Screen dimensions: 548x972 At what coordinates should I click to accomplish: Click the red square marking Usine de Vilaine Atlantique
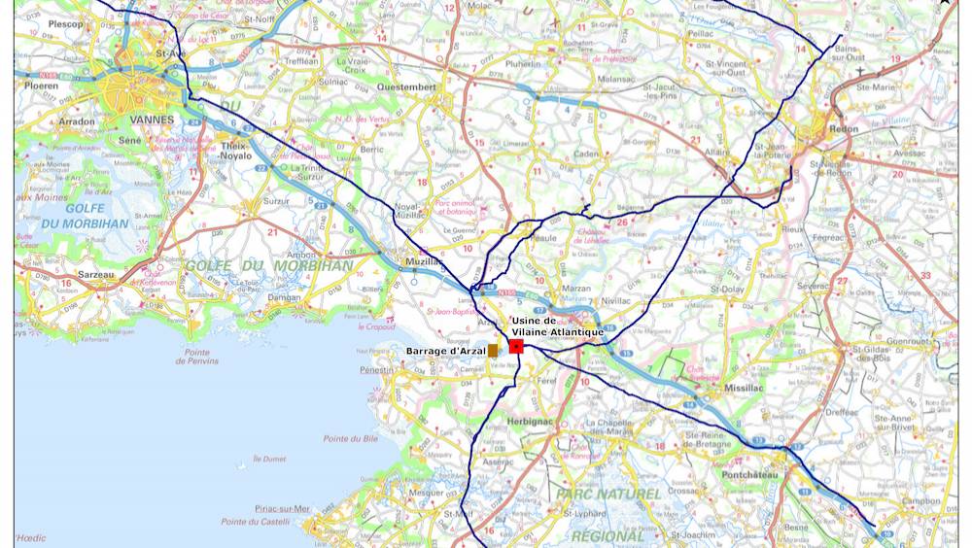click(x=516, y=346)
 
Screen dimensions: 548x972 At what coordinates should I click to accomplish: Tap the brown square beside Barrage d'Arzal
click(x=493, y=350)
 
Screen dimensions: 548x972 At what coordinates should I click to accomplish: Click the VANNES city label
click(x=151, y=120)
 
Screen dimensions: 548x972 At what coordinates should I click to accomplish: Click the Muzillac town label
click(x=425, y=261)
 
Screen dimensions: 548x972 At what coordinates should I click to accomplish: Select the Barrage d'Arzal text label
click(x=445, y=351)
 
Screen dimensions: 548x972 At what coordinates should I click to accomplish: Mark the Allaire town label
click(x=717, y=152)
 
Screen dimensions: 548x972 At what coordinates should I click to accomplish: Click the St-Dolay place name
click(x=726, y=289)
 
